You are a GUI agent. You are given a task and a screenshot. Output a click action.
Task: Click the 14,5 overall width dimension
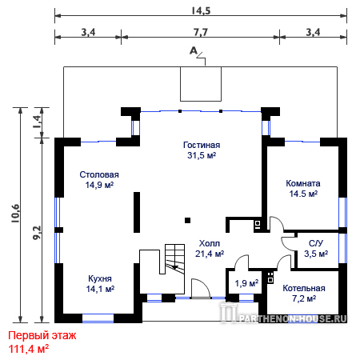[x=201, y=10]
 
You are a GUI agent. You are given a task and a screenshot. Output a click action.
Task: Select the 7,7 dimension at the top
[x=201, y=32]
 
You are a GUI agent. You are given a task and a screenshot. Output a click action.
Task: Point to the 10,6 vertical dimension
[x=15, y=214]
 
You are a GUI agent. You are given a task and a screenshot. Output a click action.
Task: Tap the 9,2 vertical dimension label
[x=37, y=233]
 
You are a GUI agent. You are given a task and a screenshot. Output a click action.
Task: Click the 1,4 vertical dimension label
[x=37, y=122]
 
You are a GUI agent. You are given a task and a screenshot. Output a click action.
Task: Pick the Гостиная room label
[x=202, y=145]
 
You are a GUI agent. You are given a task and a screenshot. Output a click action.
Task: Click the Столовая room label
[x=99, y=174]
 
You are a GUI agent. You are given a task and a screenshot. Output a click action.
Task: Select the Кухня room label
[x=100, y=278]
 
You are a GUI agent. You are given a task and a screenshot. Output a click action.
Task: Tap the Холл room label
[x=210, y=243]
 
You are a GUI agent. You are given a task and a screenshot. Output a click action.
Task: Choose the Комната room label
[x=303, y=183]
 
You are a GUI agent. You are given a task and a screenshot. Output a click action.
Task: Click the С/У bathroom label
[x=316, y=243]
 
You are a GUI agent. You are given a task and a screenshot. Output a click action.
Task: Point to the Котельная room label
[x=304, y=288]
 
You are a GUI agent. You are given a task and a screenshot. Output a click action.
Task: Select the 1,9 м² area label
[x=246, y=283]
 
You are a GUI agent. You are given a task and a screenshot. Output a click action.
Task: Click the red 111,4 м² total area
[x=29, y=349]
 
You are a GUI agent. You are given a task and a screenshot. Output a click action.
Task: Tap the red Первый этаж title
[x=42, y=335]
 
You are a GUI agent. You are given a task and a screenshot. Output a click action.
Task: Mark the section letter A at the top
[x=194, y=50]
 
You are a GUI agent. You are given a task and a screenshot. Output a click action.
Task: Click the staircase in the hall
[x=175, y=259]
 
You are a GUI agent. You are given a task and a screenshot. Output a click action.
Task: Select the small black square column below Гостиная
[x=188, y=220]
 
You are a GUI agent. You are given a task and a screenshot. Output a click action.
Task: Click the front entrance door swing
[x=201, y=289]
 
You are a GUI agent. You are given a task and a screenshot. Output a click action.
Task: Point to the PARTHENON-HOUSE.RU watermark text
[x=293, y=318]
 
